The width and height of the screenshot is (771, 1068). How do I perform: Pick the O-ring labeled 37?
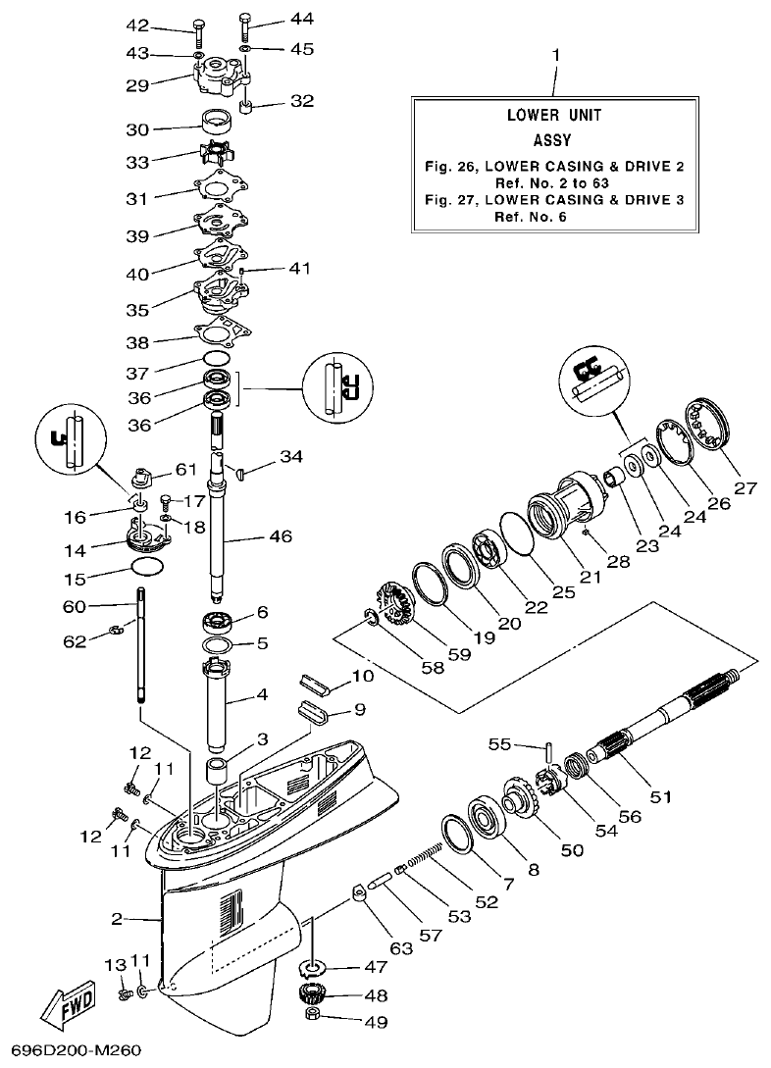click(x=219, y=360)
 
